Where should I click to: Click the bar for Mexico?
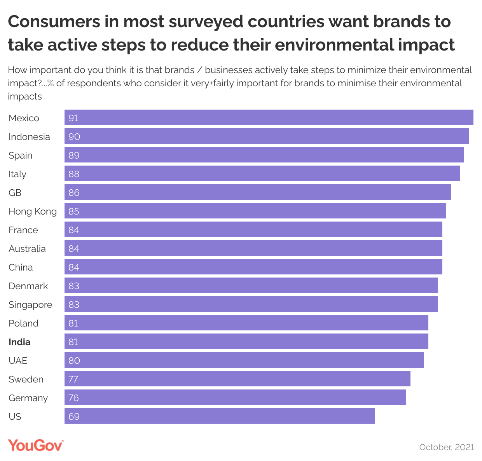(269, 117)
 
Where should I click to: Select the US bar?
(219, 416)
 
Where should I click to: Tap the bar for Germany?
(235, 397)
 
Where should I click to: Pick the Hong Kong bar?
(255, 211)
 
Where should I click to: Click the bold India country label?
(19, 342)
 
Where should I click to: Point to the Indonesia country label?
(29, 137)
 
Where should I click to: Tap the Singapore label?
(30, 305)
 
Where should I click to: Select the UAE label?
(18, 361)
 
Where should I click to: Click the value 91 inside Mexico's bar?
(73, 118)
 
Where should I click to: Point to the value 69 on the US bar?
(74, 416)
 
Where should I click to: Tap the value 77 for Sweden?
(73, 379)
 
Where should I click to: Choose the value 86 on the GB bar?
(74, 192)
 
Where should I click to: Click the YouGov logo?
(36, 445)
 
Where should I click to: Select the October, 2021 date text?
(447, 447)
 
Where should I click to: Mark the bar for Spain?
(264, 155)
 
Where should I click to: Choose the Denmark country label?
(28, 286)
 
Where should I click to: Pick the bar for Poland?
(246, 323)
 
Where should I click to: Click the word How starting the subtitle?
(17, 70)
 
